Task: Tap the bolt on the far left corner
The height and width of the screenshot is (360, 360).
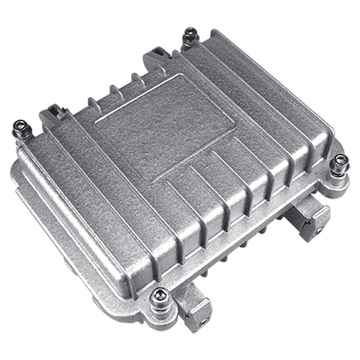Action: pos(21,130)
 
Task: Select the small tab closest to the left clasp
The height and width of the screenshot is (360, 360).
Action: pos(92,102)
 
